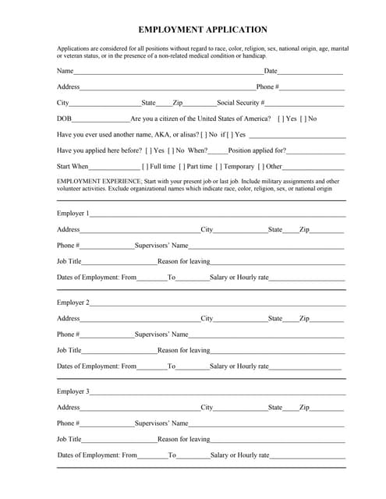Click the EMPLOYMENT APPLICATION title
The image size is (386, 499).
pyautogui.click(x=203, y=30)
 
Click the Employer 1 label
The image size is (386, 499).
pyautogui.click(x=73, y=213)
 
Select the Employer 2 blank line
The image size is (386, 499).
pyautogui.click(x=218, y=304)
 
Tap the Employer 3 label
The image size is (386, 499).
pyautogui.click(x=73, y=391)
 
